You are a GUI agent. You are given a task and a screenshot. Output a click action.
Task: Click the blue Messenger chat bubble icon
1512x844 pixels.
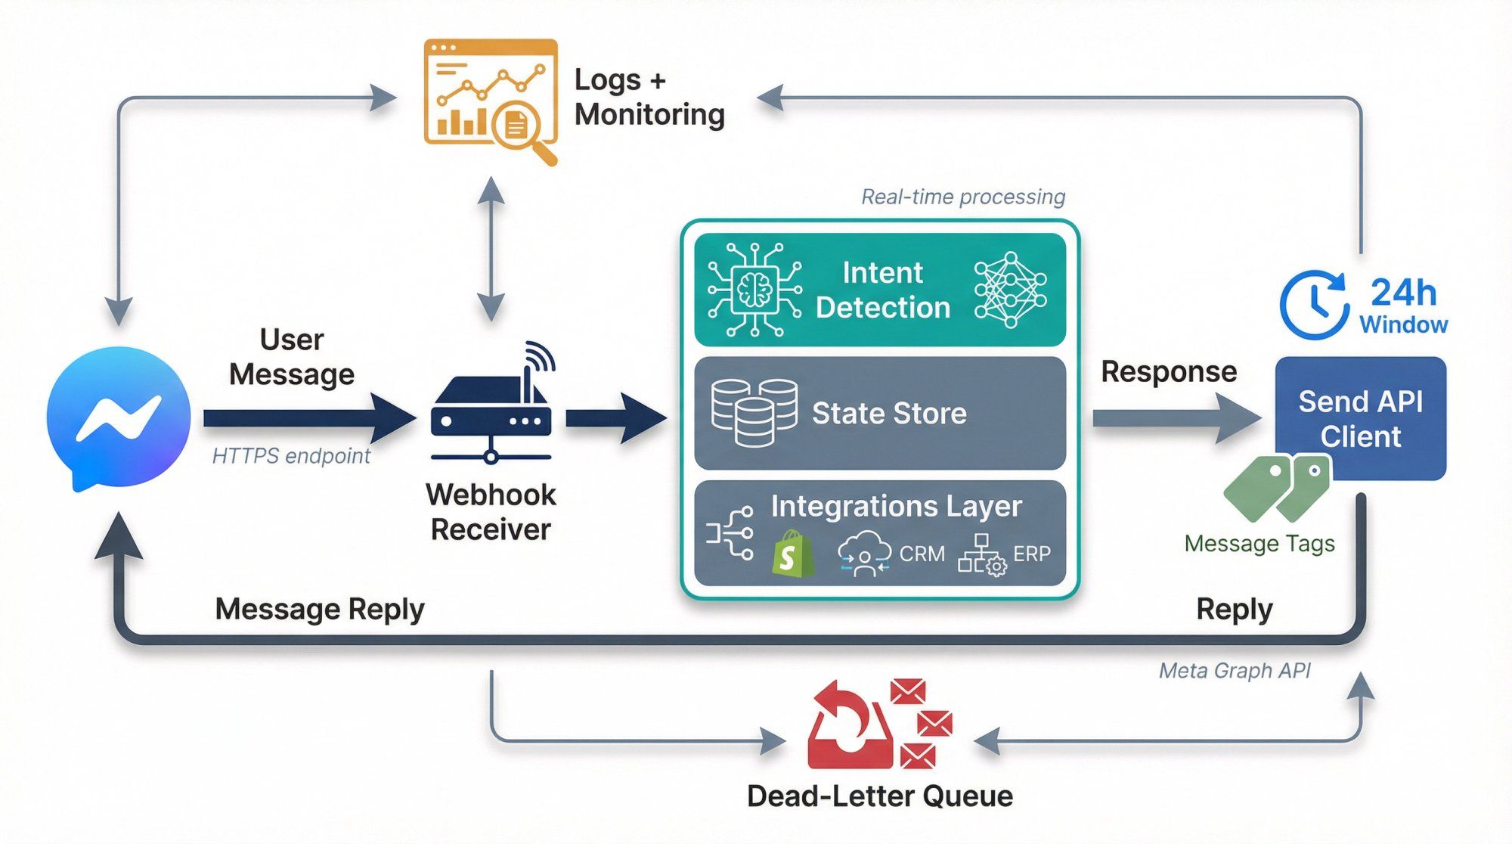pyautogui.click(x=119, y=417)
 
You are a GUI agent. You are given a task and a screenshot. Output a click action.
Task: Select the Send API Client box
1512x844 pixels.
pyautogui.click(x=1360, y=418)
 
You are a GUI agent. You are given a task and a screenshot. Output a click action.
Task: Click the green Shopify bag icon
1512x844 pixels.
pyautogui.click(x=792, y=554)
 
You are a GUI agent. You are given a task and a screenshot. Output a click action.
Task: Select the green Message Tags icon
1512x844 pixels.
pyautogui.click(x=1277, y=487)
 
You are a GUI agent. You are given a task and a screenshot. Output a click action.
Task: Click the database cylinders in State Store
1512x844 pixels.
pyautogui.click(x=754, y=413)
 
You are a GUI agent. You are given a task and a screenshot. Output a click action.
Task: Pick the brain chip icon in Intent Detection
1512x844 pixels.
pyautogui.click(x=754, y=290)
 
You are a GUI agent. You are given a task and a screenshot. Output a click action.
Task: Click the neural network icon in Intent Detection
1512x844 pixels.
pyautogui.click(x=1010, y=290)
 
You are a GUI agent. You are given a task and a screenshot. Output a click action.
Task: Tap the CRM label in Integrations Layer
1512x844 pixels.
pyautogui.click(x=922, y=554)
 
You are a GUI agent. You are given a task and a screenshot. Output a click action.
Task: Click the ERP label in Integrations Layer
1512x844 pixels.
pyautogui.click(x=1031, y=554)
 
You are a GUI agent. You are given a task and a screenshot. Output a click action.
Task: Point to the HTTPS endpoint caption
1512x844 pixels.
pyautogui.click(x=291, y=455)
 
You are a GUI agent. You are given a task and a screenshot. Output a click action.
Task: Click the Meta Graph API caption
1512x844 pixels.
pyautogui.click(x=1235, y=670)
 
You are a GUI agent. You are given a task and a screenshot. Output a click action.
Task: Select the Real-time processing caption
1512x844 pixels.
pyautogui.click(x=963, y=197)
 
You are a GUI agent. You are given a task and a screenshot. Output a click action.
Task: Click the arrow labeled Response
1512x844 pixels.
pyautogui.click(x=1176, y=418)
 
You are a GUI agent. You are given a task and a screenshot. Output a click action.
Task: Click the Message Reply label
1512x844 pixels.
pyautogui.click(x=320, y=609)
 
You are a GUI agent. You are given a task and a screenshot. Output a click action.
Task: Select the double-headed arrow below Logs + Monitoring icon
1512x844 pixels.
pyautogui.click(x=491, y=249)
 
